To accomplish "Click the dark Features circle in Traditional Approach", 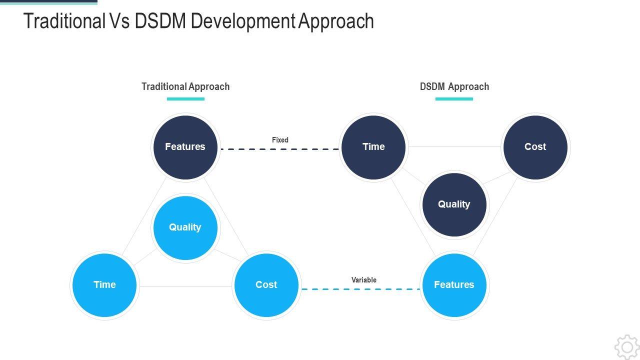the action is (185, 147).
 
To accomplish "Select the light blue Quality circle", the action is (185, 227).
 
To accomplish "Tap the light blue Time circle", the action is (104, 285).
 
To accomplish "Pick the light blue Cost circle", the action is (266, 285).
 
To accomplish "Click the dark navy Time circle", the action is (373, 147).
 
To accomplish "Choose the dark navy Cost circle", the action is (535, 147).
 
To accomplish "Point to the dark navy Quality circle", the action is (454, 205).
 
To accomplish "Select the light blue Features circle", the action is (454, 285).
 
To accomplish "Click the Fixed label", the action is (280, 140).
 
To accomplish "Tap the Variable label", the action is (363, 280).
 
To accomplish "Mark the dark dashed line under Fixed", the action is (279, 149).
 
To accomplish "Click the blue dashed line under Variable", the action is (360, 289).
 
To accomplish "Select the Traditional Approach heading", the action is (185, 86).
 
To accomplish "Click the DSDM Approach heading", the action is (454, 86).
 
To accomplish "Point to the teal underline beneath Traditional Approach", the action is (185, 99).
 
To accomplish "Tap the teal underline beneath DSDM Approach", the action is (454, 99).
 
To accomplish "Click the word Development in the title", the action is (243, 21).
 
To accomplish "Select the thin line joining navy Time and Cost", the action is (454, 147).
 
